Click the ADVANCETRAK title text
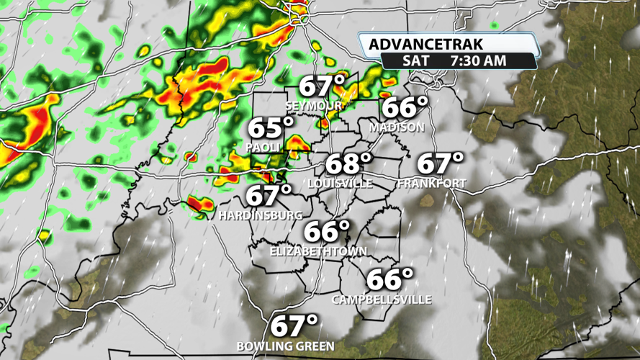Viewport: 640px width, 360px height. pos(427,45)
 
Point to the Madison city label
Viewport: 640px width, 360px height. pos(397,127)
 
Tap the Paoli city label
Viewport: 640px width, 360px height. pos(263,147)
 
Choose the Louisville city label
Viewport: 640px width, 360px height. pos(341,184)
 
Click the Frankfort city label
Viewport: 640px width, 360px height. pos(432,184)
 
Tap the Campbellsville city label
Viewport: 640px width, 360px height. pos(382,300)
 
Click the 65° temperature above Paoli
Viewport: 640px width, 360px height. pos(271,129)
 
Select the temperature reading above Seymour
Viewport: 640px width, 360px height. pos(322,87)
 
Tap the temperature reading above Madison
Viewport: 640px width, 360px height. pos(405,108)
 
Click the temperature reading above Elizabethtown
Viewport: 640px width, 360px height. pos(326,232)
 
